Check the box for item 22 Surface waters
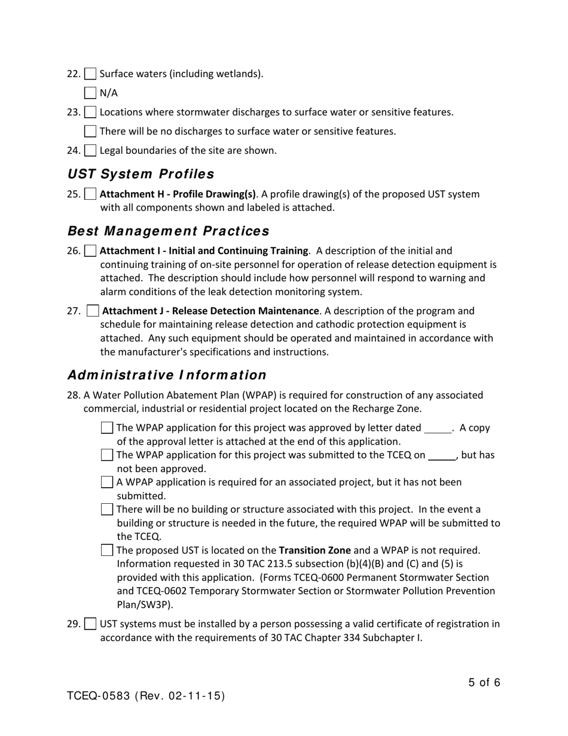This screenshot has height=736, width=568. point(90,74)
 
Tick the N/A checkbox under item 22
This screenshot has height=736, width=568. point(90,93)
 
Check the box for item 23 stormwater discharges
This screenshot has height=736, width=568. point(90,112)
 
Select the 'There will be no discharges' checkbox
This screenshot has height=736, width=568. point(90,131)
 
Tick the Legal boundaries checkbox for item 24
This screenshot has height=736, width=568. point(90,150)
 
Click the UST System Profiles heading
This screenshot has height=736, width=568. point(141,174)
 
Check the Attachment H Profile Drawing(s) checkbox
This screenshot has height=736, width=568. point(90,194)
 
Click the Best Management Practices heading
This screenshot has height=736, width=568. point(168,231)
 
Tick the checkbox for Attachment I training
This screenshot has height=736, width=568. point(90,251)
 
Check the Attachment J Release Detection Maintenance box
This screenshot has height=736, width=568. point(93,311)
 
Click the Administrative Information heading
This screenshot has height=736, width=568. point(167,375)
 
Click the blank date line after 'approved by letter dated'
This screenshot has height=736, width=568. point(438,429)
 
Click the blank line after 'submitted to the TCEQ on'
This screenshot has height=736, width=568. point(442,456)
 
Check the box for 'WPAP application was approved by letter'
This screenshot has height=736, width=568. point(107,428)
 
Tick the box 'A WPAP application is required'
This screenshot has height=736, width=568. point(107,482)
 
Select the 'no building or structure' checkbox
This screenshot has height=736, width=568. point(107,509)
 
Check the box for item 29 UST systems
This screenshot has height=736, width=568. point(90,624)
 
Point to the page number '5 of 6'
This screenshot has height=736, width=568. point(484,682)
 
